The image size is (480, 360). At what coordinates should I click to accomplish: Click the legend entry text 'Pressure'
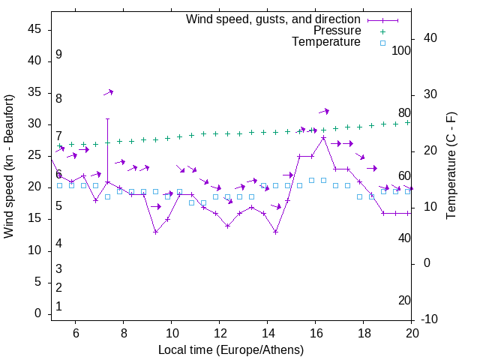(x=337, y=31)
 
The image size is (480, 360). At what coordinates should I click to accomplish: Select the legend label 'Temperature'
(x=326, y=42)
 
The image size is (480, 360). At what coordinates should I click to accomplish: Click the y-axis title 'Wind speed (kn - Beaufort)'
(x=9, y=166)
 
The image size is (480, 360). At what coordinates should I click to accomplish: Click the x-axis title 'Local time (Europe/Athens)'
(x=231, y=349)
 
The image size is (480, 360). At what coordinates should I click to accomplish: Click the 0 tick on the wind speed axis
(x=37, y=314)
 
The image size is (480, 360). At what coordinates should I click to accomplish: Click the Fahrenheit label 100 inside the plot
(x=401, y=51)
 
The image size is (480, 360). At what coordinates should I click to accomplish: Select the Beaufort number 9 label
(x=58, y=55)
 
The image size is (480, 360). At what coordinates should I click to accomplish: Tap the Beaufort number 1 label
(x=58, y=307)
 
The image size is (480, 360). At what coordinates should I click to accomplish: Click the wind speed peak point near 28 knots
(x=323, y=138)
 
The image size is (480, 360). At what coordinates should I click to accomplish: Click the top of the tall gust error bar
(x=107, y=118)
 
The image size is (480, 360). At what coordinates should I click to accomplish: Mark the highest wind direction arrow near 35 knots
(x=108, y=92)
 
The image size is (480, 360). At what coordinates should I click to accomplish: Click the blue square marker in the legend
(x=382, y=43)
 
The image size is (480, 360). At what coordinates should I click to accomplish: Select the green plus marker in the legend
(x=382, y=31)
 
